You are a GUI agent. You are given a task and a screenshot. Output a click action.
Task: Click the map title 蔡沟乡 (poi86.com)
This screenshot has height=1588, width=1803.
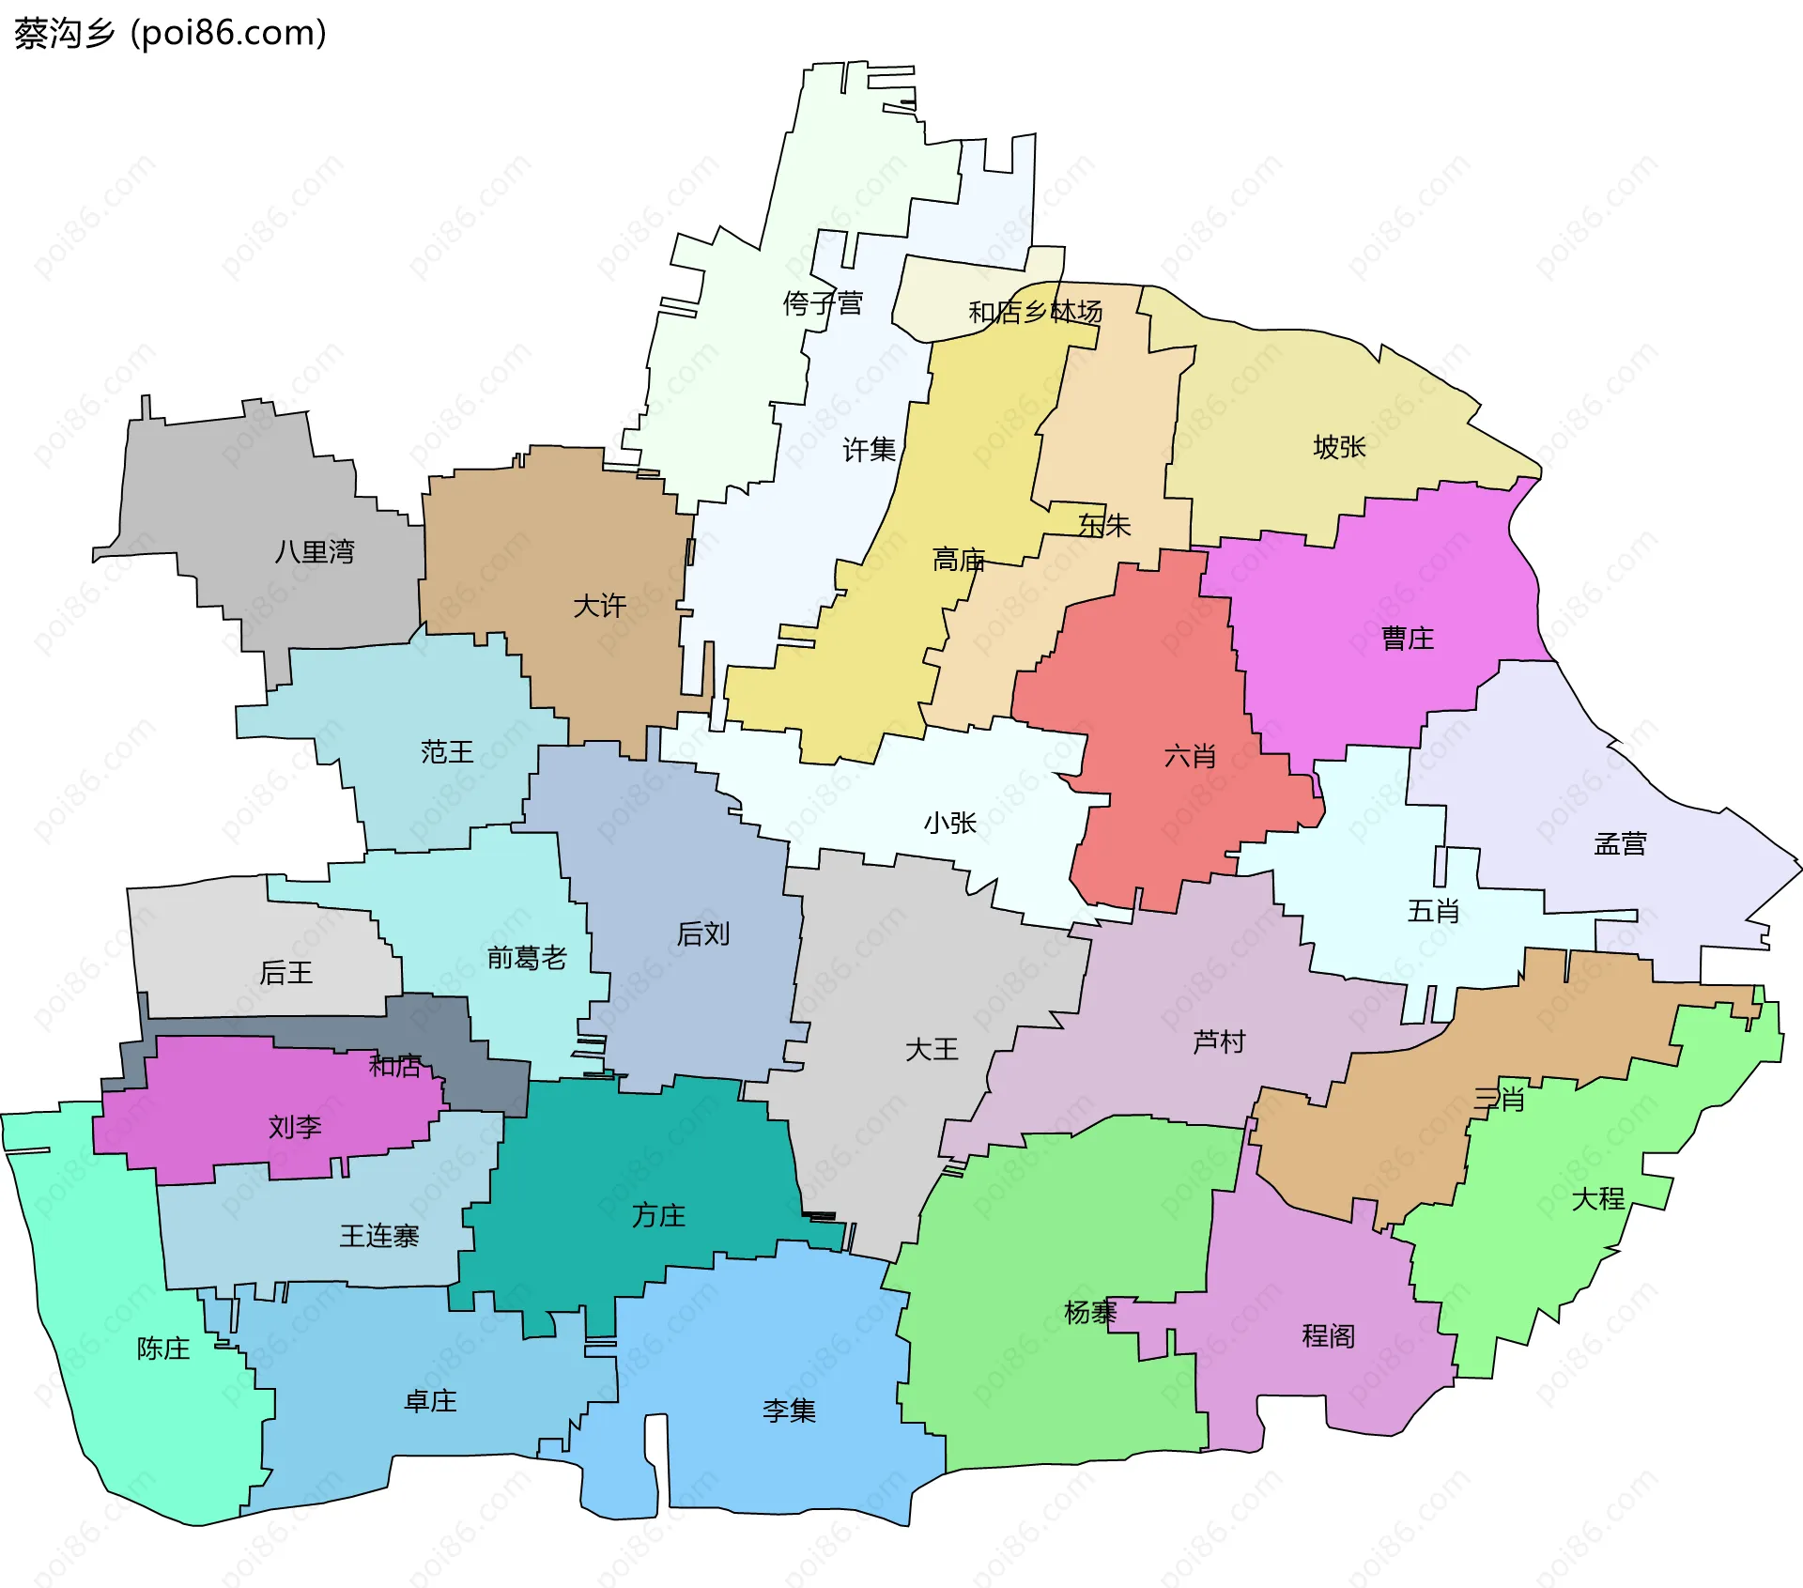tap(170, 33)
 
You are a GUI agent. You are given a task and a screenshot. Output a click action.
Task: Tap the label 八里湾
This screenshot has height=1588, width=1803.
tap(315, 551)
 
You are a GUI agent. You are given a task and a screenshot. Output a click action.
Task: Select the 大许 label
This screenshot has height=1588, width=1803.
tap(599, 606)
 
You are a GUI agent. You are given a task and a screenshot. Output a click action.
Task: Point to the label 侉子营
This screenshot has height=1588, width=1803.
tap(823, 303)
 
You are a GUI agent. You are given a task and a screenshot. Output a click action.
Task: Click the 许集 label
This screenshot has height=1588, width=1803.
tap(869, 450)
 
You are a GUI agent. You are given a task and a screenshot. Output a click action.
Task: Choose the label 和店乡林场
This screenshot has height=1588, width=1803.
tap(1035, 312)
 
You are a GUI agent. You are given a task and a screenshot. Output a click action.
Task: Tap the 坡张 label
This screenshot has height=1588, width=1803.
tap(1339, 447)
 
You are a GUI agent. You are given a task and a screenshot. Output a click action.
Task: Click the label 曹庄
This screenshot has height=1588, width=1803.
tap(1408, 640)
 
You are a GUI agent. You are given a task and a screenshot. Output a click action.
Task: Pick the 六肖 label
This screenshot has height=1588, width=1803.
tap(1190, 756)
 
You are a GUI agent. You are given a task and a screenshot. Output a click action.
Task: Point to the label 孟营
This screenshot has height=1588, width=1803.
tap(1620, 844)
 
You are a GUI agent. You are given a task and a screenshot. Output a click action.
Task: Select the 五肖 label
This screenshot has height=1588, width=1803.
tap(1433, 911)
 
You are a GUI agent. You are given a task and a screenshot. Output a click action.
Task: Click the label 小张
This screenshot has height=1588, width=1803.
tap(950, 824)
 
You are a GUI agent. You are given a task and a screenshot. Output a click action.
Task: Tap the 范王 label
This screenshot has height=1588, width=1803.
tap(447, 751)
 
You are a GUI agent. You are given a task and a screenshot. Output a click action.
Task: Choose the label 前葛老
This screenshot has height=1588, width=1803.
tap(527, 958)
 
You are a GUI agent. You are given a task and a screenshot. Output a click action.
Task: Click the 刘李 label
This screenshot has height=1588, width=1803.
tap(295, 1126)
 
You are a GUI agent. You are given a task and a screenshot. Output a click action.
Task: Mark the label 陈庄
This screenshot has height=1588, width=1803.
tap(163, 1349)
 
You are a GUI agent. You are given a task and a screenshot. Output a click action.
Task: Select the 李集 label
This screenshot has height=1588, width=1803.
tap(789, 1411)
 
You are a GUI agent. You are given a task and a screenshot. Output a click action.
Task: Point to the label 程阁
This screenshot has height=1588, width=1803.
tap(1328, 1335)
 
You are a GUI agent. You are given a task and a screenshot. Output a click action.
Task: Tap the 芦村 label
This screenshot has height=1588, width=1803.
tap(1219, 1041)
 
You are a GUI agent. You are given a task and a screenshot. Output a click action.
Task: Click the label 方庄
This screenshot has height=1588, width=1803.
tap(658, 1216)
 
